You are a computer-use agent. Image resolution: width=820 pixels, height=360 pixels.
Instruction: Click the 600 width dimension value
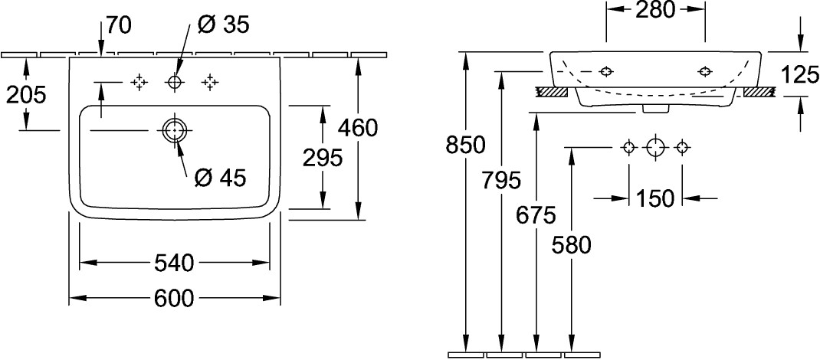(174, 298)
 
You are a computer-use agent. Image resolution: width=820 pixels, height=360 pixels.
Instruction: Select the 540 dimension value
(174, 263)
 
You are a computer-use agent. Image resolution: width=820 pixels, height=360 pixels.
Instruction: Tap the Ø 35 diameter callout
(223, 25)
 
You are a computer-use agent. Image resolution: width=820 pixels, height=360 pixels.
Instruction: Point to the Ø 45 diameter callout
(220, 178)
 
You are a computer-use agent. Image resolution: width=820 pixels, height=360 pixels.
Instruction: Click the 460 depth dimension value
(358, 128)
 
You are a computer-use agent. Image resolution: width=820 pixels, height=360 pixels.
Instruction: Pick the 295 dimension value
(323, 158)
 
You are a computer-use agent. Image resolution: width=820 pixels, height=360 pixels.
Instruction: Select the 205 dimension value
(26, 94)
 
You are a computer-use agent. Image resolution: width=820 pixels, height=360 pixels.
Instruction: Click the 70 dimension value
(119, 25)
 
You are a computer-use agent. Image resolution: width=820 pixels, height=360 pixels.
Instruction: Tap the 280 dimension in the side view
(655, 9)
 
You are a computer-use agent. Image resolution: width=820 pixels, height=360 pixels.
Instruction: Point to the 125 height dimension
(799, 75)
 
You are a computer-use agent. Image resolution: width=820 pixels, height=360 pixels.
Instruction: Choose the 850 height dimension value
(465, 145)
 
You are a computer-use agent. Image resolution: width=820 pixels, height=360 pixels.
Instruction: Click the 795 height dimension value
(501, 181)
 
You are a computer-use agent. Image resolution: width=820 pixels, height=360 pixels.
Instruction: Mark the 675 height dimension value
(536, 214)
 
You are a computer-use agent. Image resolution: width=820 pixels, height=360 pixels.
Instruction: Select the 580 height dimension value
(572, 245)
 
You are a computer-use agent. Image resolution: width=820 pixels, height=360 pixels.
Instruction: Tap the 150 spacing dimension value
(655, 198)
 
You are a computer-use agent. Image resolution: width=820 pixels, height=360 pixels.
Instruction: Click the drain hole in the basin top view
(174, 129)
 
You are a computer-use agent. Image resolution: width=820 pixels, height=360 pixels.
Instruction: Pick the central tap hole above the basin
(174, 82)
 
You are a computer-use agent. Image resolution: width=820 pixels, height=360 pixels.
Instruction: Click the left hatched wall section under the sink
(552, 92)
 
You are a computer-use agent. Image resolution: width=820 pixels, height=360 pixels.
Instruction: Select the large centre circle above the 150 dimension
(655, 148)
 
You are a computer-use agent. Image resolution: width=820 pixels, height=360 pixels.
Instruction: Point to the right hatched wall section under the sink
(758, 92)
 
